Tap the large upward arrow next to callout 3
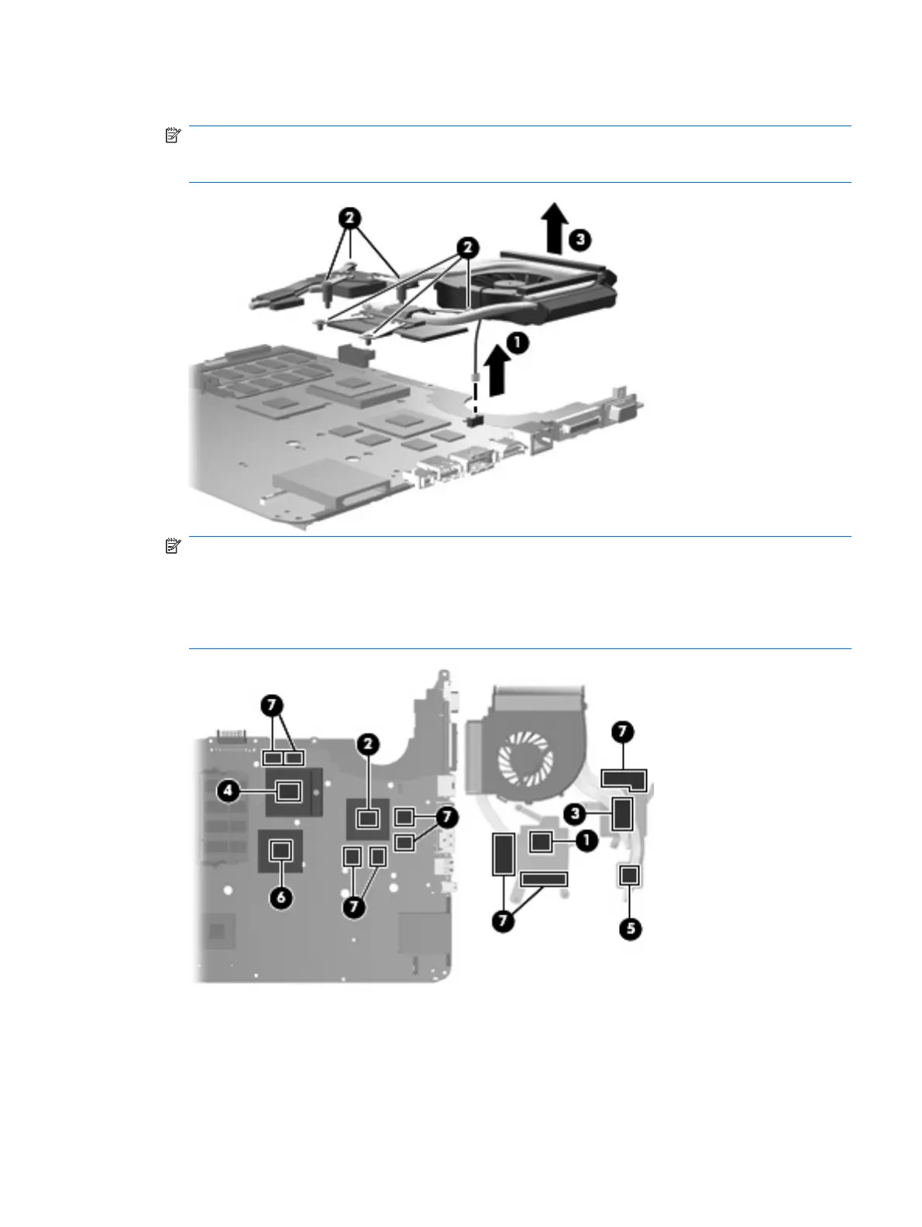tap(553, 229)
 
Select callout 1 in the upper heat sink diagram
tap(518, 343)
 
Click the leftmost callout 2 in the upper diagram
tap(351, 218)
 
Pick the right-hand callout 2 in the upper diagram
tap(467, 249)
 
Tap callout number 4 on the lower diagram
tap(228, 791)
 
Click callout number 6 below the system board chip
tap(280, 898)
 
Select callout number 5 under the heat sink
tap(631, 928)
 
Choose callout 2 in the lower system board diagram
tap(368, 745)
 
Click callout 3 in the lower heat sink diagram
tap(574, 813)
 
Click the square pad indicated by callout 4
tap(289, 791)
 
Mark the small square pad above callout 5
tap(629, 875)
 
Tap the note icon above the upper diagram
tap(173, 136)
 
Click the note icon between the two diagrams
tap(173, 547)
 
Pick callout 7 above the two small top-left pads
tap(270, 706)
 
